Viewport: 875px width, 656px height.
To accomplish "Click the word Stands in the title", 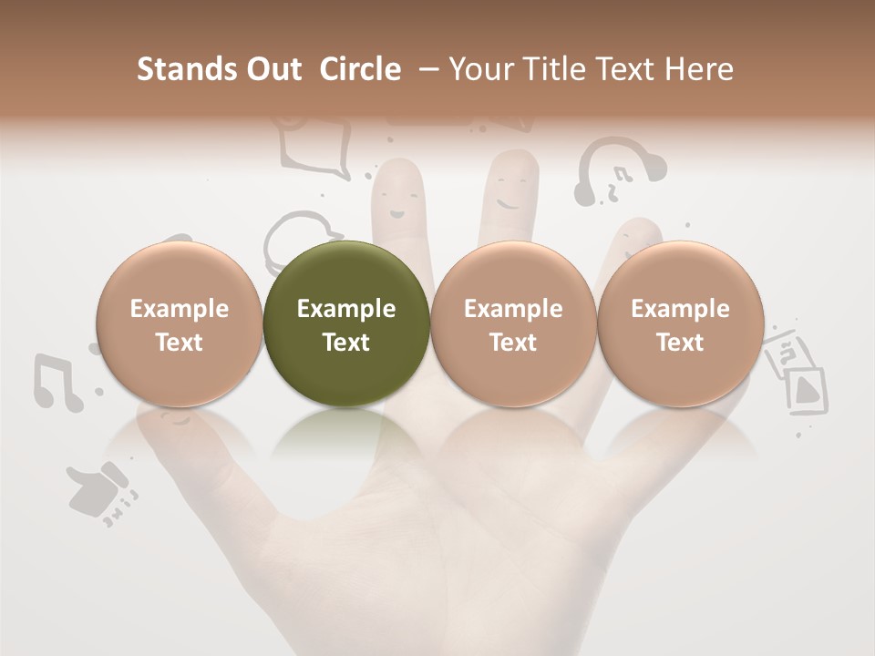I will click(x=186, y=69).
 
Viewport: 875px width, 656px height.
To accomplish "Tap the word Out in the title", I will click(x=273, y=69).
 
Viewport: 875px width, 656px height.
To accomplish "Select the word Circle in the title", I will click(x=361, y=69).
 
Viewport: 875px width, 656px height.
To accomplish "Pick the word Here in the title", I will click(x=700, y=69).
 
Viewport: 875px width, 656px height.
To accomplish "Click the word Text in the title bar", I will click(x=630, y=69).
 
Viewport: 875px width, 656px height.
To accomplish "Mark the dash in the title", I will click(x=430, y=69).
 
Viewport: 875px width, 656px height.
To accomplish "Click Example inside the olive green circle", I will click(x=346, y=309).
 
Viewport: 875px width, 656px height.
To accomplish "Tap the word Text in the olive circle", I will click(x=346, y=343).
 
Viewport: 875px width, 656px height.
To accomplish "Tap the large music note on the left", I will click(x=57, y=381).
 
